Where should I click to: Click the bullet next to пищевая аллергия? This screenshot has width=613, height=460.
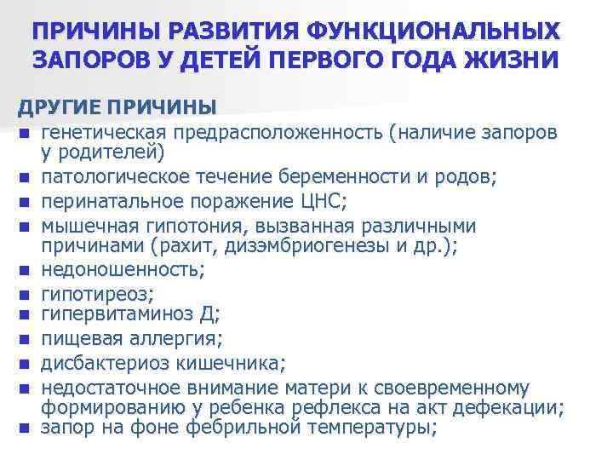28,340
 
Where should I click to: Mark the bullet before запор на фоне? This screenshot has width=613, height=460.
28,428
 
